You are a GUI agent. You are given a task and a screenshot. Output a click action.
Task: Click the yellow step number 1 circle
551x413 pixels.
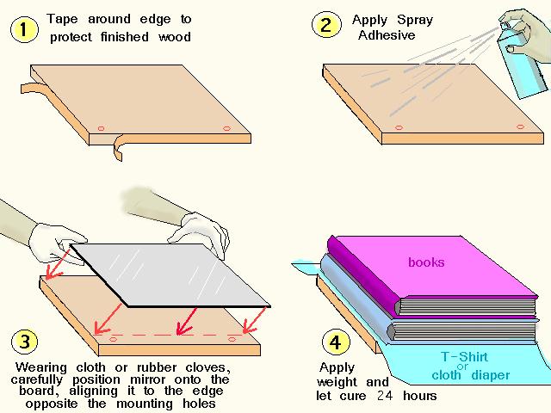click(23, 31)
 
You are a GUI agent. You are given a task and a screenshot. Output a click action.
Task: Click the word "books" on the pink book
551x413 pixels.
click(426, 262)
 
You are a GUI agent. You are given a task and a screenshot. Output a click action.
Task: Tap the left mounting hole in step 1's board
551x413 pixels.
click(100, 128)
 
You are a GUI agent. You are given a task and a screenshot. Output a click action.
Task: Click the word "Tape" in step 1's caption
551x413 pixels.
click(64, 18)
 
